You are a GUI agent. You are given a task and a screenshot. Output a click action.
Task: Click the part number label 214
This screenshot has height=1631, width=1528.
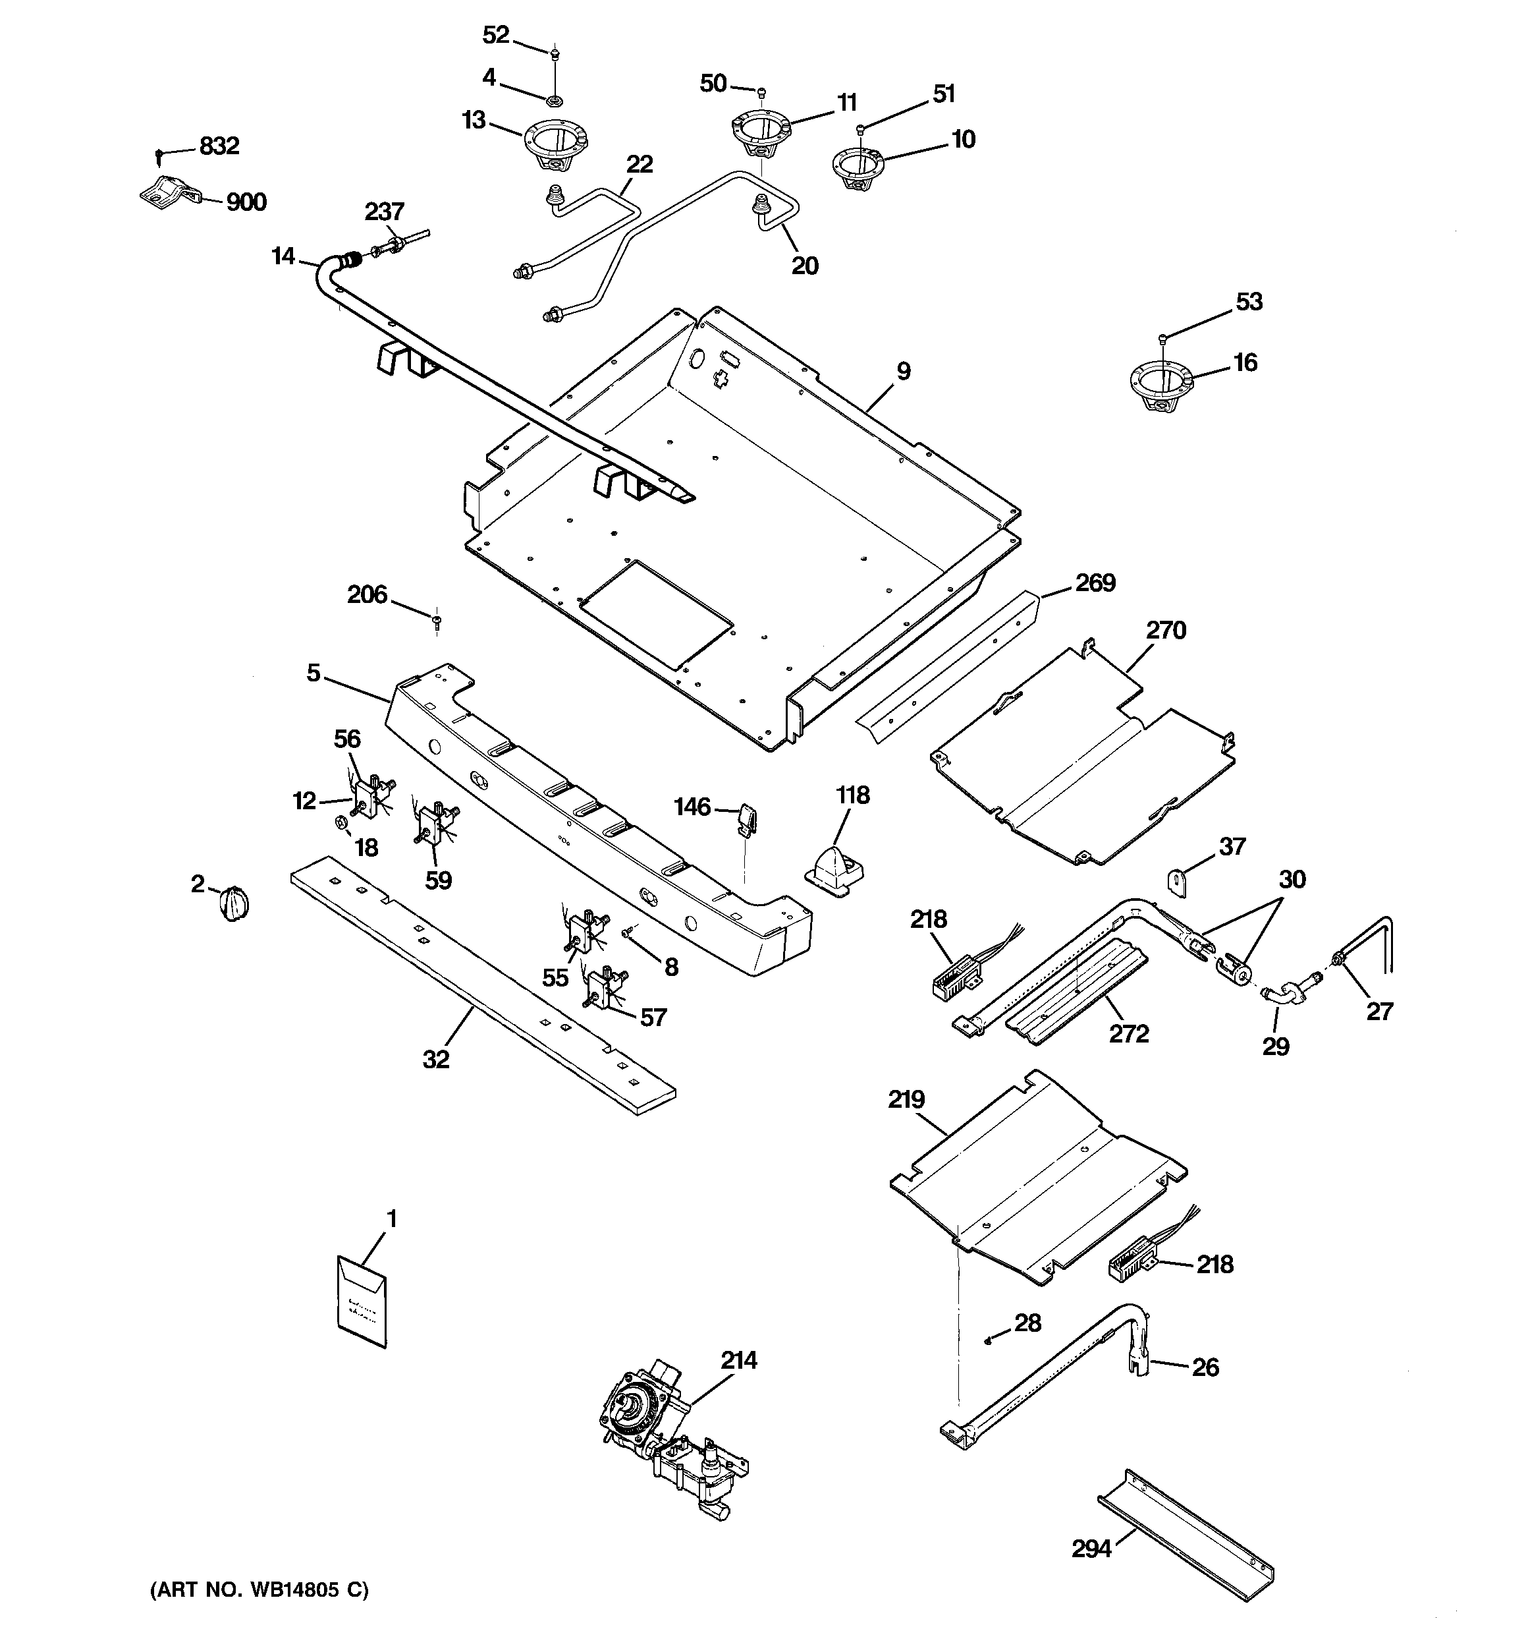tap(739, 1360)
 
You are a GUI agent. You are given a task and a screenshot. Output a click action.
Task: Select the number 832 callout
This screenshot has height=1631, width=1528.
tap(219, 146)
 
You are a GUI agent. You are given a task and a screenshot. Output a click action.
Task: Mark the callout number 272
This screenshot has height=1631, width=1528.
tap(1129, 1034)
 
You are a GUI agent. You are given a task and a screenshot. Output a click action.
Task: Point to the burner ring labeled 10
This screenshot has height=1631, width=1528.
tap(857, 167)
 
